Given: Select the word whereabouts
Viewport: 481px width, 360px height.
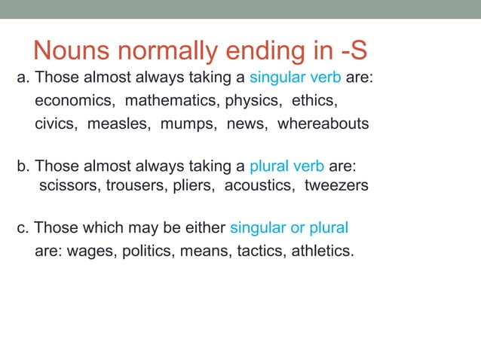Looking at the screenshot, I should pos(323,124).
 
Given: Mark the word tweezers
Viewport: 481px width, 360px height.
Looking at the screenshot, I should pos(336,185).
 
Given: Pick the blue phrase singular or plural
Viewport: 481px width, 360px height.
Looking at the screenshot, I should pos(289,227).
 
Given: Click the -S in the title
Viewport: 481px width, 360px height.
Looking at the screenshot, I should pos(354,50).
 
